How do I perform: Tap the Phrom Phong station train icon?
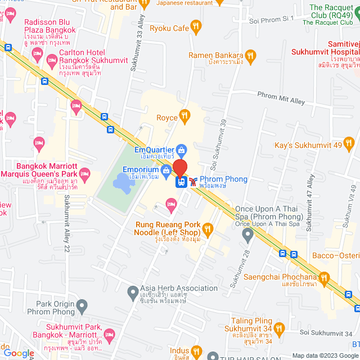pyautogui.click(x=182, y=182)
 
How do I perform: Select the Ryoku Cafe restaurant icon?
pyautogui.click(x=196, y=26)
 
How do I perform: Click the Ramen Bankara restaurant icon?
pyautogui.click(x=250, y=55)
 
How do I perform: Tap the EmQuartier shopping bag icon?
pyautogui.click(x=182, y=150)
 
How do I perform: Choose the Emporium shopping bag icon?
pyautogui.click(x=166, y=170)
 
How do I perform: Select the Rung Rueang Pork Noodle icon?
pyautogui.click(x=208, y=228)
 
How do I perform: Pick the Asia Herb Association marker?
pyautogui.click(x=133, y=292)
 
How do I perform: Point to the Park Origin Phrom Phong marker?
pyautogui.click(x=82, y=307)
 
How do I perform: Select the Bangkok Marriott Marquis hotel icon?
pyautogui.click(x=84, y=172)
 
